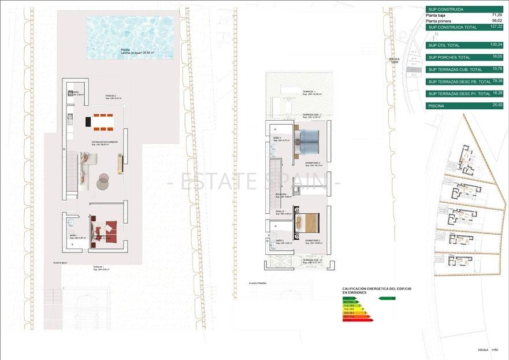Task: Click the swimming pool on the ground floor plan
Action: point(130,37)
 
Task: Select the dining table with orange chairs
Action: point(103,122)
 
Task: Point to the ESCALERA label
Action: point(281,195)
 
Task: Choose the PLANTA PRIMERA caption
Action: point(258,283)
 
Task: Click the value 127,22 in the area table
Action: point(496,26)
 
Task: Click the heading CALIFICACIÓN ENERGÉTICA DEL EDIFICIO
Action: point(377,288)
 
